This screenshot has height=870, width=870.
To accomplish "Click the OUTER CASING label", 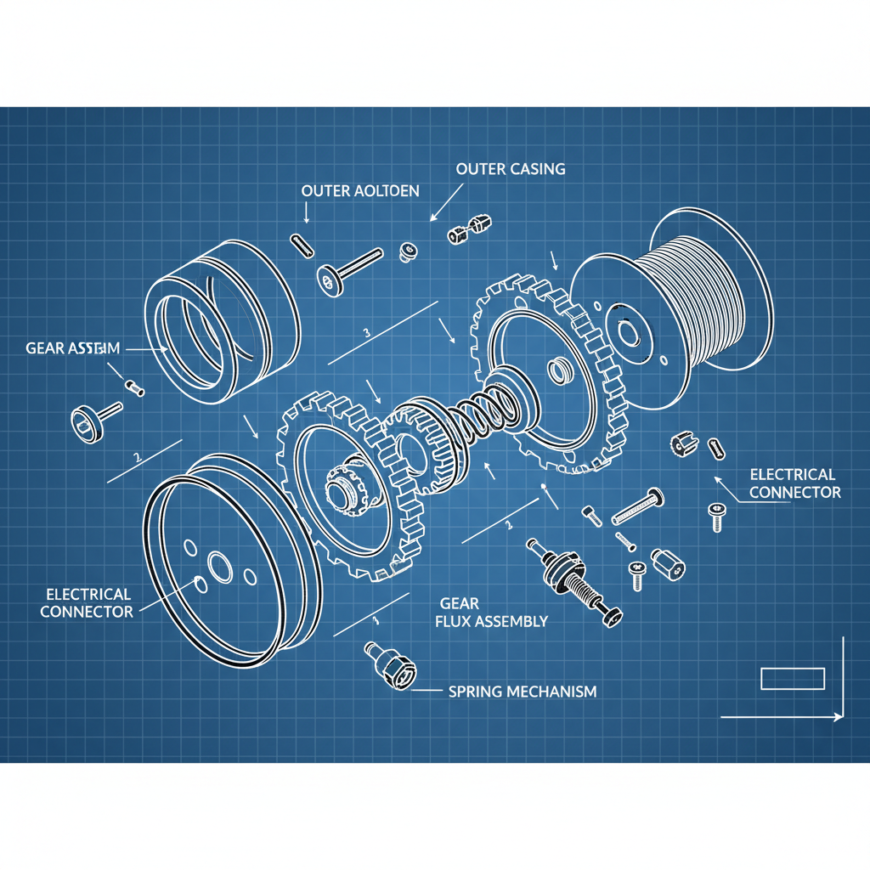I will [510, 169].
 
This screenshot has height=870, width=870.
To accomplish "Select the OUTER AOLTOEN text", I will [360, 190].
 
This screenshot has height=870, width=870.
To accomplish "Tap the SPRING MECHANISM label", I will [522, 691].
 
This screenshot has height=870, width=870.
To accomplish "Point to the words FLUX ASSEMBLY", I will [491, 621].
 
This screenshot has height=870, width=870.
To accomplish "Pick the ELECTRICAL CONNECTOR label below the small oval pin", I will [794, 483].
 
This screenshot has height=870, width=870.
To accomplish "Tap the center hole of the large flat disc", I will [219, 565].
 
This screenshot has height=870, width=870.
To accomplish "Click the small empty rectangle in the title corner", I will [792, 678].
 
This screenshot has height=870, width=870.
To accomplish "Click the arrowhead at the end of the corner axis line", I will [839, 717].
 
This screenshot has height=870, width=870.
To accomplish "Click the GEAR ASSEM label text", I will [73, 347].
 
